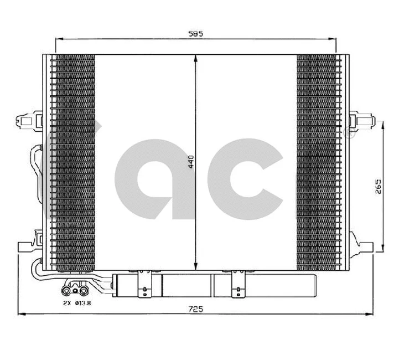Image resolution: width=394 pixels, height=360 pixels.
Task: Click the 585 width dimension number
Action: point(196,33)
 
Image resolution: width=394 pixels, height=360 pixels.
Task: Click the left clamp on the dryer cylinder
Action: point(143,280)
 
